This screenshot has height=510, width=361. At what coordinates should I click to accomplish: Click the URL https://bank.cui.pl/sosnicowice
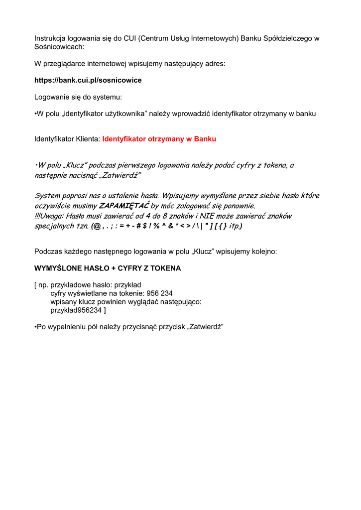coord(88,80)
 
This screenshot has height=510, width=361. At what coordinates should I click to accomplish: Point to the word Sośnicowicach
coord(59,47)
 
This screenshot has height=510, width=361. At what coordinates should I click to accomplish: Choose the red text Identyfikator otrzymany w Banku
coord(159,139)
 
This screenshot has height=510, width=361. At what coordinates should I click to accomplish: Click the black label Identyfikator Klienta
coord(67,139)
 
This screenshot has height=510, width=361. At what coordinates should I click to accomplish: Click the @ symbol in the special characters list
coord(97,226)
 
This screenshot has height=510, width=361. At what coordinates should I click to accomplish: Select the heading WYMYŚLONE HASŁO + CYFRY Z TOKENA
coord(108,268)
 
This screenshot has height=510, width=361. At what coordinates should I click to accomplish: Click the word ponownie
coord(240,206)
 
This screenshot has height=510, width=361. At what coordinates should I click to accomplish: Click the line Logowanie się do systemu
coord(78,97)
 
